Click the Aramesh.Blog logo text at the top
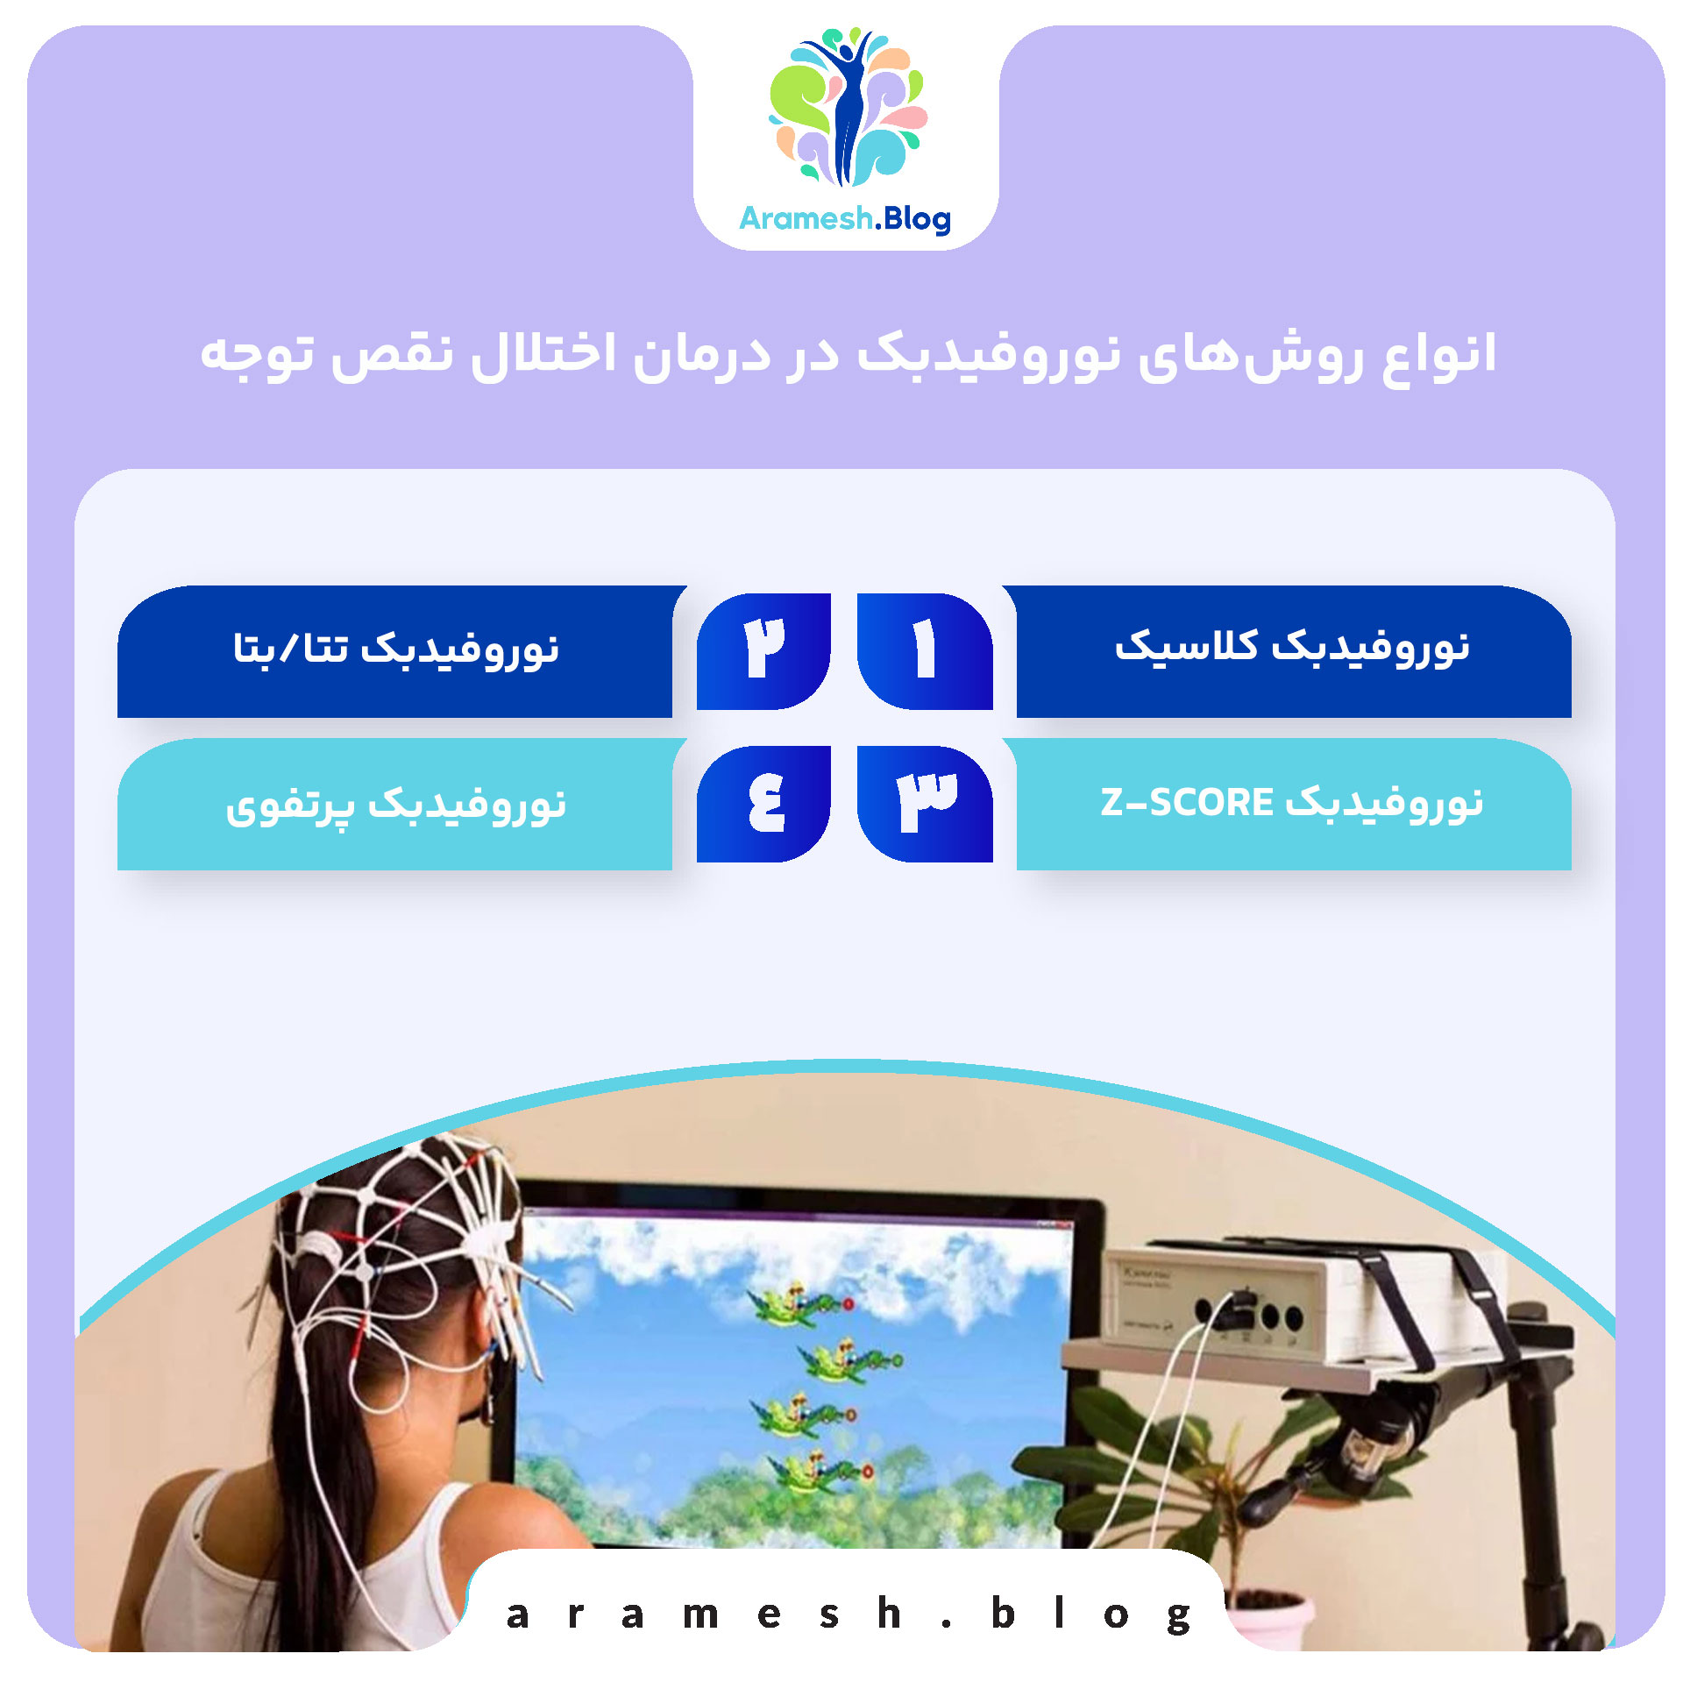[x=845, y=218]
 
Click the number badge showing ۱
[x=924, y=650]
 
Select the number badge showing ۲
[x=763, y=650]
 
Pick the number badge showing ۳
[x=925, y=803]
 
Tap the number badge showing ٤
[x=764, y=803]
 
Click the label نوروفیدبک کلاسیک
[x=1292, y=647]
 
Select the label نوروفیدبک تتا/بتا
[x=395, y=649]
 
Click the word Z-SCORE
[x=1186, y=803]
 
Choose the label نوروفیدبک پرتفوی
[x=395, y=805]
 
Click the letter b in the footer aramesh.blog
[x=1002, y=1613]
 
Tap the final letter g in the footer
[x=1179, y=1615]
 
